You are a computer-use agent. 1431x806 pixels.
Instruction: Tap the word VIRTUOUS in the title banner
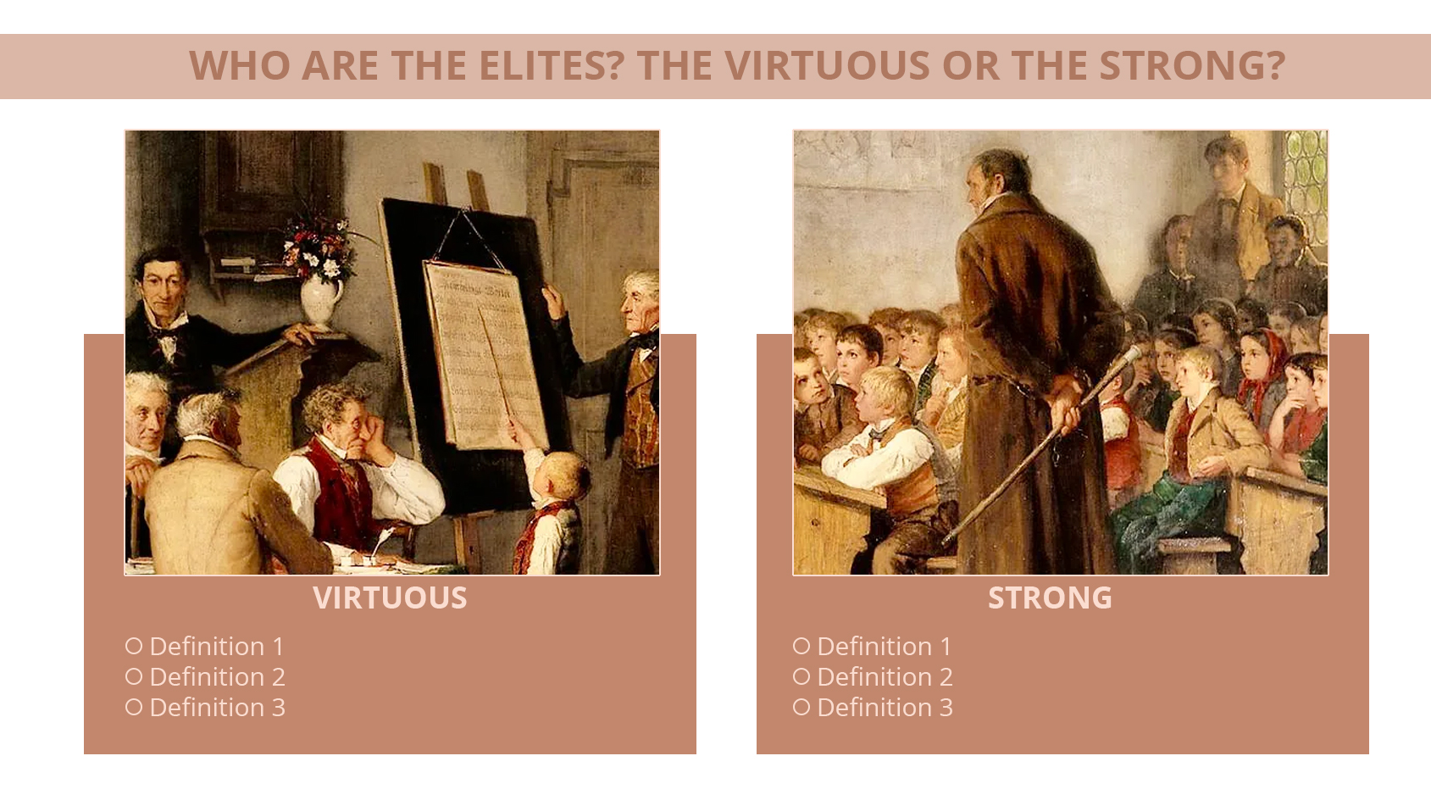[827, 66]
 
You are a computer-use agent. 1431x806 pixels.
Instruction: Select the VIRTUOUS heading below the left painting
[390, 598]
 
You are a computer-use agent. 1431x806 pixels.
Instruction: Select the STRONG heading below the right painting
[1050, 598]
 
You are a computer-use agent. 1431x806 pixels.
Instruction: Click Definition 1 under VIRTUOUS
[217, 646]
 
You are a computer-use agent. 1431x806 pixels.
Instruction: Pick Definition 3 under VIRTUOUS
[217, 708]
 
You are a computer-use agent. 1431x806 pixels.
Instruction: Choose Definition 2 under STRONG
[885, 677]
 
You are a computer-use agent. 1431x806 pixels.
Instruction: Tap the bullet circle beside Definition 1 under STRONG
[801, 646]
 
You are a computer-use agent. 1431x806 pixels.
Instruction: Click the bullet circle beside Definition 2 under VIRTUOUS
[134, 676]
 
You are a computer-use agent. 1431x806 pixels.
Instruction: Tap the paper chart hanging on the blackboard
[485, 355]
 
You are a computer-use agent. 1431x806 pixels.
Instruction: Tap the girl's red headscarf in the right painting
[1268, 368]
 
